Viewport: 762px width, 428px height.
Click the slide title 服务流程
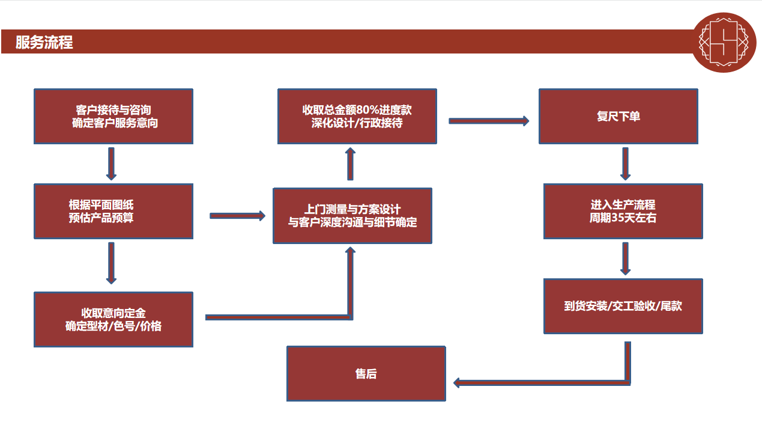pyautogui.click(x=44, y=43)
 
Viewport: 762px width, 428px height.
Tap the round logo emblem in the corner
pyautogui.click(x=723, y=42)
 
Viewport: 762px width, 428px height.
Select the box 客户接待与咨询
pyautogui.click(x=113, y=117)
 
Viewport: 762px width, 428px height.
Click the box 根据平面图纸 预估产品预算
pyautogui.click(x=113, y=211)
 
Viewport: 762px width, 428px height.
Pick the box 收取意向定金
pyautogui.click(x=113, y=319)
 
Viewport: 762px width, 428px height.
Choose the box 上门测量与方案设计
pyautogui.click(x=352, y=216)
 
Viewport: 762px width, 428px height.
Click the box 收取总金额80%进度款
pyautogui.click(x=357, y=117)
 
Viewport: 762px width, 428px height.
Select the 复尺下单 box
pyautogui.click(x=618, y=117)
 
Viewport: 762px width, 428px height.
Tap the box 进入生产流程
pyautogui.click(x=623, y=211)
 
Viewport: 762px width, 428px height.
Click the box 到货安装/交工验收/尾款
pyautogui.click(x=623, y=306)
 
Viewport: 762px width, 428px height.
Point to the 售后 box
pyautogui.click(x=366, y=373)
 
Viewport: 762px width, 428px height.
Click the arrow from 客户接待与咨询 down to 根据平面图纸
pyautogui.click(x=111, y=163)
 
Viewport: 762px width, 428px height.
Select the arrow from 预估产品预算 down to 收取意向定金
pyautogui.click(x=111, y=263)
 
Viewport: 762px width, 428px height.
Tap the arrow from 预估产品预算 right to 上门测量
pyautogui.click(x=237, y=216)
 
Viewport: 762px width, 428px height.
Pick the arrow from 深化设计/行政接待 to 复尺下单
pyautogui.click(x=489, y=121)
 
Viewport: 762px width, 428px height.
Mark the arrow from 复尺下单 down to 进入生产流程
pyautogui.click(x=625, y=163)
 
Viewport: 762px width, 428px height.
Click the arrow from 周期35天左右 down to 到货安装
pyautogui.click(x=625, y=258)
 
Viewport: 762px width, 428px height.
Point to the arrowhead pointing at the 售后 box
pyautogui.click(x=458, y=382)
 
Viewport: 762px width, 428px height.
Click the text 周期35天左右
pyautogui.click(x=623, y=218)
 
